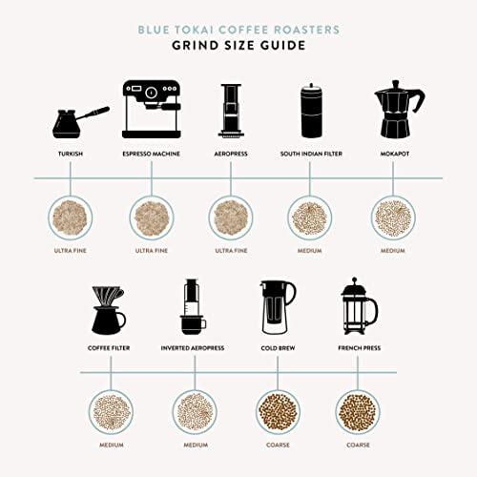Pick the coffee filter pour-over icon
(108, 311)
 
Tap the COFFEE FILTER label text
(108, 348)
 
